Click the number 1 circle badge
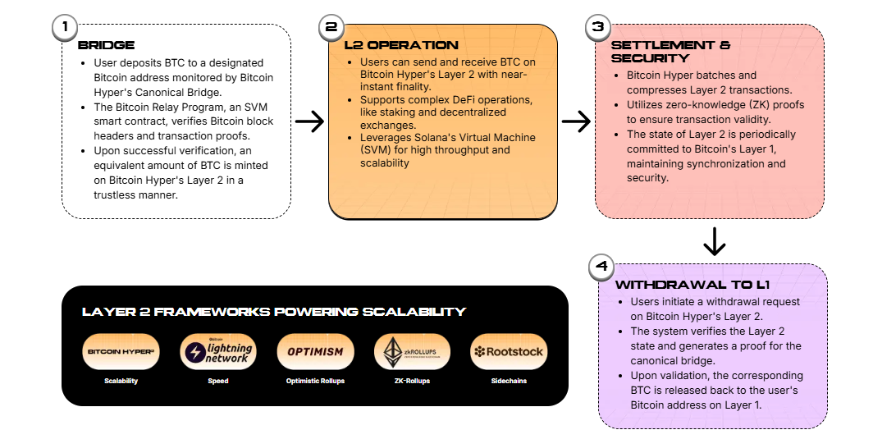point(63,27)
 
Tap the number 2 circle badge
point(331,27)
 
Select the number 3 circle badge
point(597,27)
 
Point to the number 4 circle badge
point(602,267)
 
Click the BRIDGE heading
point(106,45)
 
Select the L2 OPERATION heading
point(389,45)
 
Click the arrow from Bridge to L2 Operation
point(309,122)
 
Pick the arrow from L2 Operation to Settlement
point(576,122)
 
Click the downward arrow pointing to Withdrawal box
point(715,241)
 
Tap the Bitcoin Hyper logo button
point(121,352)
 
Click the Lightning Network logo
point(217,352)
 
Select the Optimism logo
point(314,352)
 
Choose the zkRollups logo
point(411,352)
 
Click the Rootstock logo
point(508,352)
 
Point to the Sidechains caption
point(508,381)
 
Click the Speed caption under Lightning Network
point(217,381)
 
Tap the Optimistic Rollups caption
point(314,381)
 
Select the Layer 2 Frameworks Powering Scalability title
point(273,312)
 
